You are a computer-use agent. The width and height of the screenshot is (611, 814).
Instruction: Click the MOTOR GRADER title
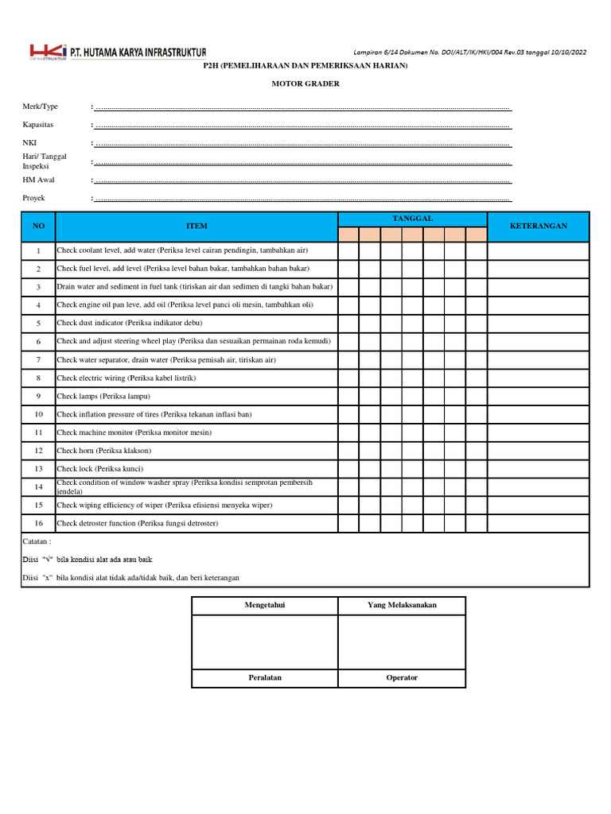coord(305,83)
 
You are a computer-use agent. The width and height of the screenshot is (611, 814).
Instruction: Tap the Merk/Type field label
coord(40,107)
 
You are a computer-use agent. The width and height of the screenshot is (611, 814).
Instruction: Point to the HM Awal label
coord(38,180)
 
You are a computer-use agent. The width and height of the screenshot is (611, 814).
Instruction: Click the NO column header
coord(39,227)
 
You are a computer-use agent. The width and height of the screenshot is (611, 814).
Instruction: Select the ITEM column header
coord(197,227)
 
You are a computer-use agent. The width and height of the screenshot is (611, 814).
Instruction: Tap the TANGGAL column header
coord(412,219)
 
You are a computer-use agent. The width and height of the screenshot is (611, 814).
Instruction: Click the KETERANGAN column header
coord(539,227)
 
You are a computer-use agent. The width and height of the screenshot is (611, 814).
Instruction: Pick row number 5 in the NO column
coord(38,324)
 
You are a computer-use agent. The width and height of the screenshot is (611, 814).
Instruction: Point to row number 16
coord(38,524)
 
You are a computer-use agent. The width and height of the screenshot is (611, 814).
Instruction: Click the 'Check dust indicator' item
coord(130,324)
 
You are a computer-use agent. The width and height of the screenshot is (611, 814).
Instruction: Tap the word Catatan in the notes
coord(37,541)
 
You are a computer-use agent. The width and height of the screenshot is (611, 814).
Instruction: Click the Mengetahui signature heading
coord(265,605)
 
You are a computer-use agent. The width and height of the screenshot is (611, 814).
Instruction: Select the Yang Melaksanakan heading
coord(402,605)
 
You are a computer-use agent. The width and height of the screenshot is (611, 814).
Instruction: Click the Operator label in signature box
coord(402,678)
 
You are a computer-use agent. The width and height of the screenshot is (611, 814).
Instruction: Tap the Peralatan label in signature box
coord(265,678)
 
